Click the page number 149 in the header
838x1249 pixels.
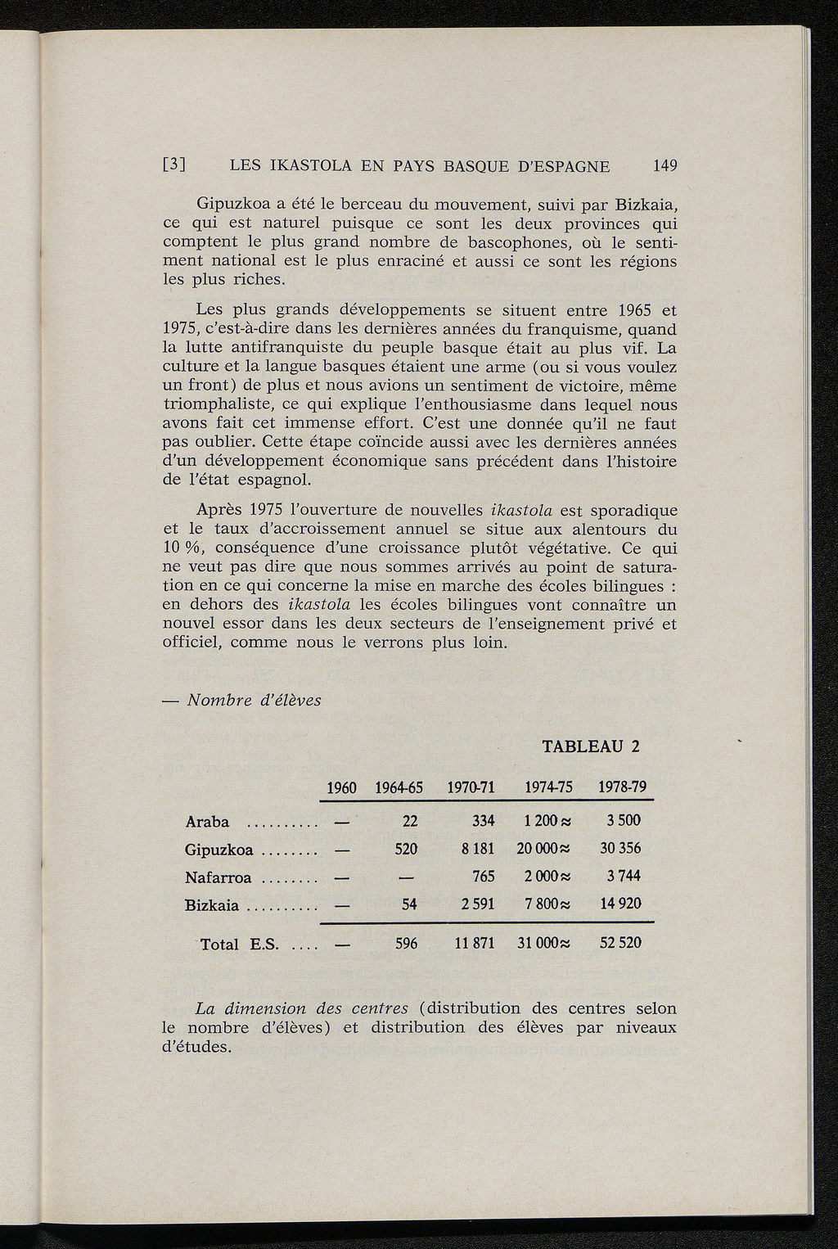tap(665, 166)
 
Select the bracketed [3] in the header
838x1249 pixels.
tap(175, 166)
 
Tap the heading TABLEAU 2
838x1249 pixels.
tap(590, 746)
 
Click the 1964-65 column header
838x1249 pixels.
tap(399, 788)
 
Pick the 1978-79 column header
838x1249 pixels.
tap(624, 788)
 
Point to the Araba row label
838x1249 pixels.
tap(207, 822)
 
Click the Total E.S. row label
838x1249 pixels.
tap(231, 945)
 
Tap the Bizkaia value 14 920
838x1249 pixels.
tap(620, 904)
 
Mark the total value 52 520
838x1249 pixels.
tap(620, 943)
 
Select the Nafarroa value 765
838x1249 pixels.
tap(484, 877)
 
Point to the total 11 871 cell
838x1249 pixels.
tap(475, 943)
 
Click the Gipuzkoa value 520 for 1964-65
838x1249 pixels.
tap(407, 850)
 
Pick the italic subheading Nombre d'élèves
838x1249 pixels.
tap(255, 701)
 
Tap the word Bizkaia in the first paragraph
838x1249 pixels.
tap(647, 204)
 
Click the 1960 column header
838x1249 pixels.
tap(341, 788)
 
